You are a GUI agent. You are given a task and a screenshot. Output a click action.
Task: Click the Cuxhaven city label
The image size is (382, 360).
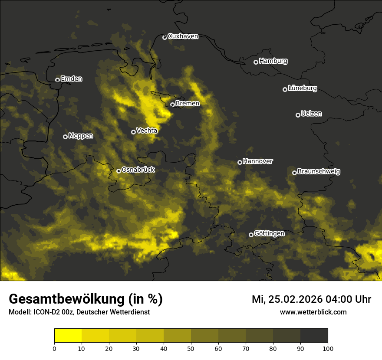(183, 36)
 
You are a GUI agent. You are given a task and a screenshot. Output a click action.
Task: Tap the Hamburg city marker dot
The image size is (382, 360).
(256, 62)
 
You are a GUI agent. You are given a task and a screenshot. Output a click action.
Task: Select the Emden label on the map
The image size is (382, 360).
(71, 79)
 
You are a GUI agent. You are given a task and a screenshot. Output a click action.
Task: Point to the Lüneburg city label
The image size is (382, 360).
(303, 88)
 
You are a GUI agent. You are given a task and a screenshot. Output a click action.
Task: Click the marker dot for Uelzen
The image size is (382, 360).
(298, 115)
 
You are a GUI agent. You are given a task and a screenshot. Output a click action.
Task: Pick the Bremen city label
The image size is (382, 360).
(188, 104)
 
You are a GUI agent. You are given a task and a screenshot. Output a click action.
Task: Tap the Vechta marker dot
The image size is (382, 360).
(133, 132)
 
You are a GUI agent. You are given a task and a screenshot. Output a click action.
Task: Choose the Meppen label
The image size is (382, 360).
(81, 136)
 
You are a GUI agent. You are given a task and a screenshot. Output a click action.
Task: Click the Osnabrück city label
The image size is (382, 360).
(138, 170)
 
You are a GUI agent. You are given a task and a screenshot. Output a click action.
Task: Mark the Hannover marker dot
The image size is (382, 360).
(240, 162)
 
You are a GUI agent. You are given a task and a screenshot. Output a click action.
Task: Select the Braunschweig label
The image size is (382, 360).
(319, 172)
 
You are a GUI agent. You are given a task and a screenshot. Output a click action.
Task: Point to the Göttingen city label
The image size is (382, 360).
(269, 234)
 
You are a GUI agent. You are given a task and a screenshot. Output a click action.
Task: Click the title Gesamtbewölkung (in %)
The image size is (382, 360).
(86, 299)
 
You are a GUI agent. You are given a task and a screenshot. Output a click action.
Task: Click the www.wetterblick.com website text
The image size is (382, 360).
(313, 312)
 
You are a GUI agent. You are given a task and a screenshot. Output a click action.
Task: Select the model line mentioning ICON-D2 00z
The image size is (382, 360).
(79, 312)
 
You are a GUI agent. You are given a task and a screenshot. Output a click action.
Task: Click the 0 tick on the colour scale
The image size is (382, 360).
(54, 348)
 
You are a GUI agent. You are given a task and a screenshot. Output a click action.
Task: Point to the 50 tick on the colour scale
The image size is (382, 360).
(191, 348)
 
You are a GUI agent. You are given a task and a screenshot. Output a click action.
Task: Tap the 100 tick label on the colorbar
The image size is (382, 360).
(328, 348)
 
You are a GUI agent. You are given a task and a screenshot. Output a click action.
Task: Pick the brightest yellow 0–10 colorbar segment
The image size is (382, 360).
(68, 336)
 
